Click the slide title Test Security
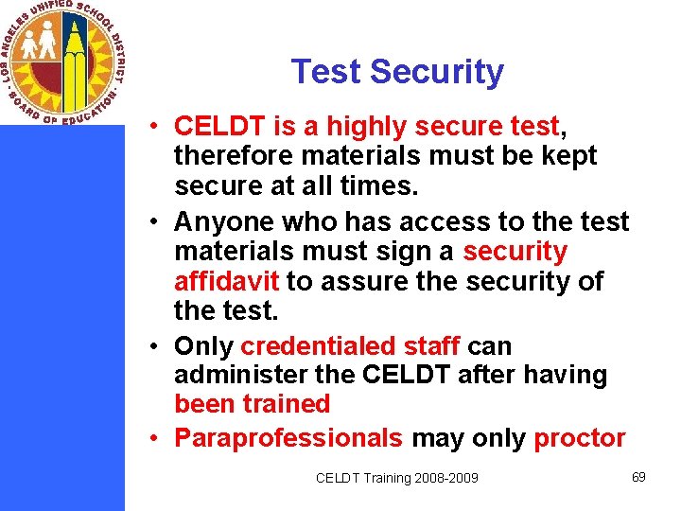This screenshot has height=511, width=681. click(x=397, y=72)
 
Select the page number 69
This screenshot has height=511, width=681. click(x=638, y=476)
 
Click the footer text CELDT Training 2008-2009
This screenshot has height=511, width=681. click(x=396, y=478)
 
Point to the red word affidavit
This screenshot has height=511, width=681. click(x=227, y=282)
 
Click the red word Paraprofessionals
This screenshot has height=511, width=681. click(x=288, y=438)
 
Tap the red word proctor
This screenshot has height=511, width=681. click(x=579, y=438)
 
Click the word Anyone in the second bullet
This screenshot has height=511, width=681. click(x=224, y=221)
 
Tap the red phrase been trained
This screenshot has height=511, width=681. click(x=252, y=404)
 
